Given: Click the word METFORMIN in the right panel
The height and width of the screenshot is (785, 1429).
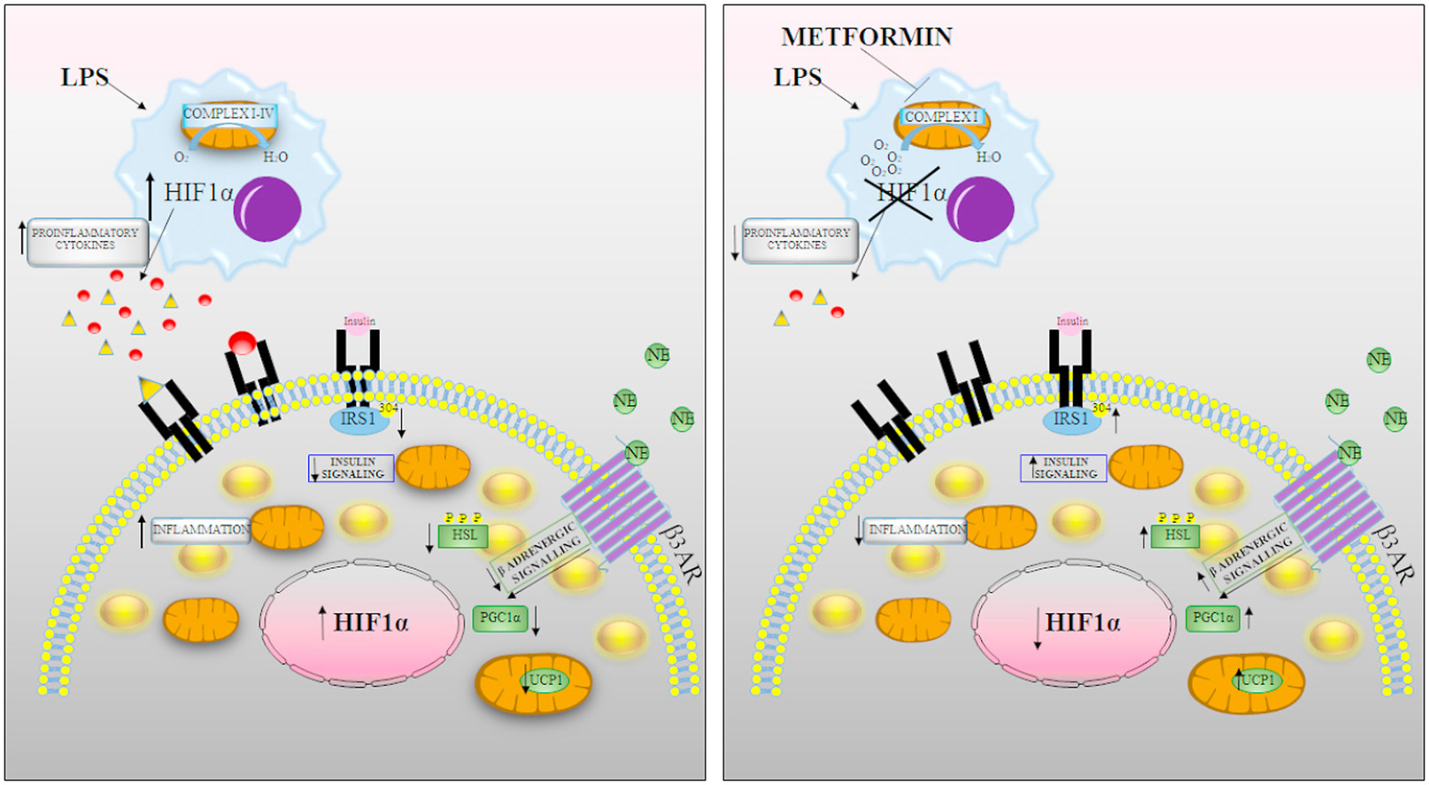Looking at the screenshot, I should coord(867,37).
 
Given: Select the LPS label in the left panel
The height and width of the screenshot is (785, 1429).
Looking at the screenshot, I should coord(84,78).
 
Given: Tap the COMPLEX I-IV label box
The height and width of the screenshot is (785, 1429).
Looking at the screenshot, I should coord(229,113).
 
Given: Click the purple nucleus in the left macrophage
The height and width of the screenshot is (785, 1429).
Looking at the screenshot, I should coord(267,209).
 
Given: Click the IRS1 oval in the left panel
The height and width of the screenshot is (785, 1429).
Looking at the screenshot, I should coord(359,419).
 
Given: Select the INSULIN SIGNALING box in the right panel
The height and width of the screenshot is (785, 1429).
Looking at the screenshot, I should coord(1064,468).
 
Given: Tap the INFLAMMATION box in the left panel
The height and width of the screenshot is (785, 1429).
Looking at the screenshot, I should coord(201,530).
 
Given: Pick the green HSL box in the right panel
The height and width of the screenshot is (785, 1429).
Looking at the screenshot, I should coord(1177,535).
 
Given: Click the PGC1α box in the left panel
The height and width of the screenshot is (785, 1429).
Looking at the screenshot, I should coord(500,618).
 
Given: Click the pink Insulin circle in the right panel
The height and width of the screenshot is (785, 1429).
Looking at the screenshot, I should coord(1072,321).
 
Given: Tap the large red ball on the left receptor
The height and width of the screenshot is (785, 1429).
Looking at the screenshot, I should coord(242,342).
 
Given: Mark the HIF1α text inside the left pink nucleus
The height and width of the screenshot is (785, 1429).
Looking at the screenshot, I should coord(371,623).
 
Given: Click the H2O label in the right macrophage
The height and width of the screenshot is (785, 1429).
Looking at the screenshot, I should coord(988,158).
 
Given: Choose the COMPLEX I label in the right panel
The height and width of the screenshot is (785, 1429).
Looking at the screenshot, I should coord(941,117).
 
